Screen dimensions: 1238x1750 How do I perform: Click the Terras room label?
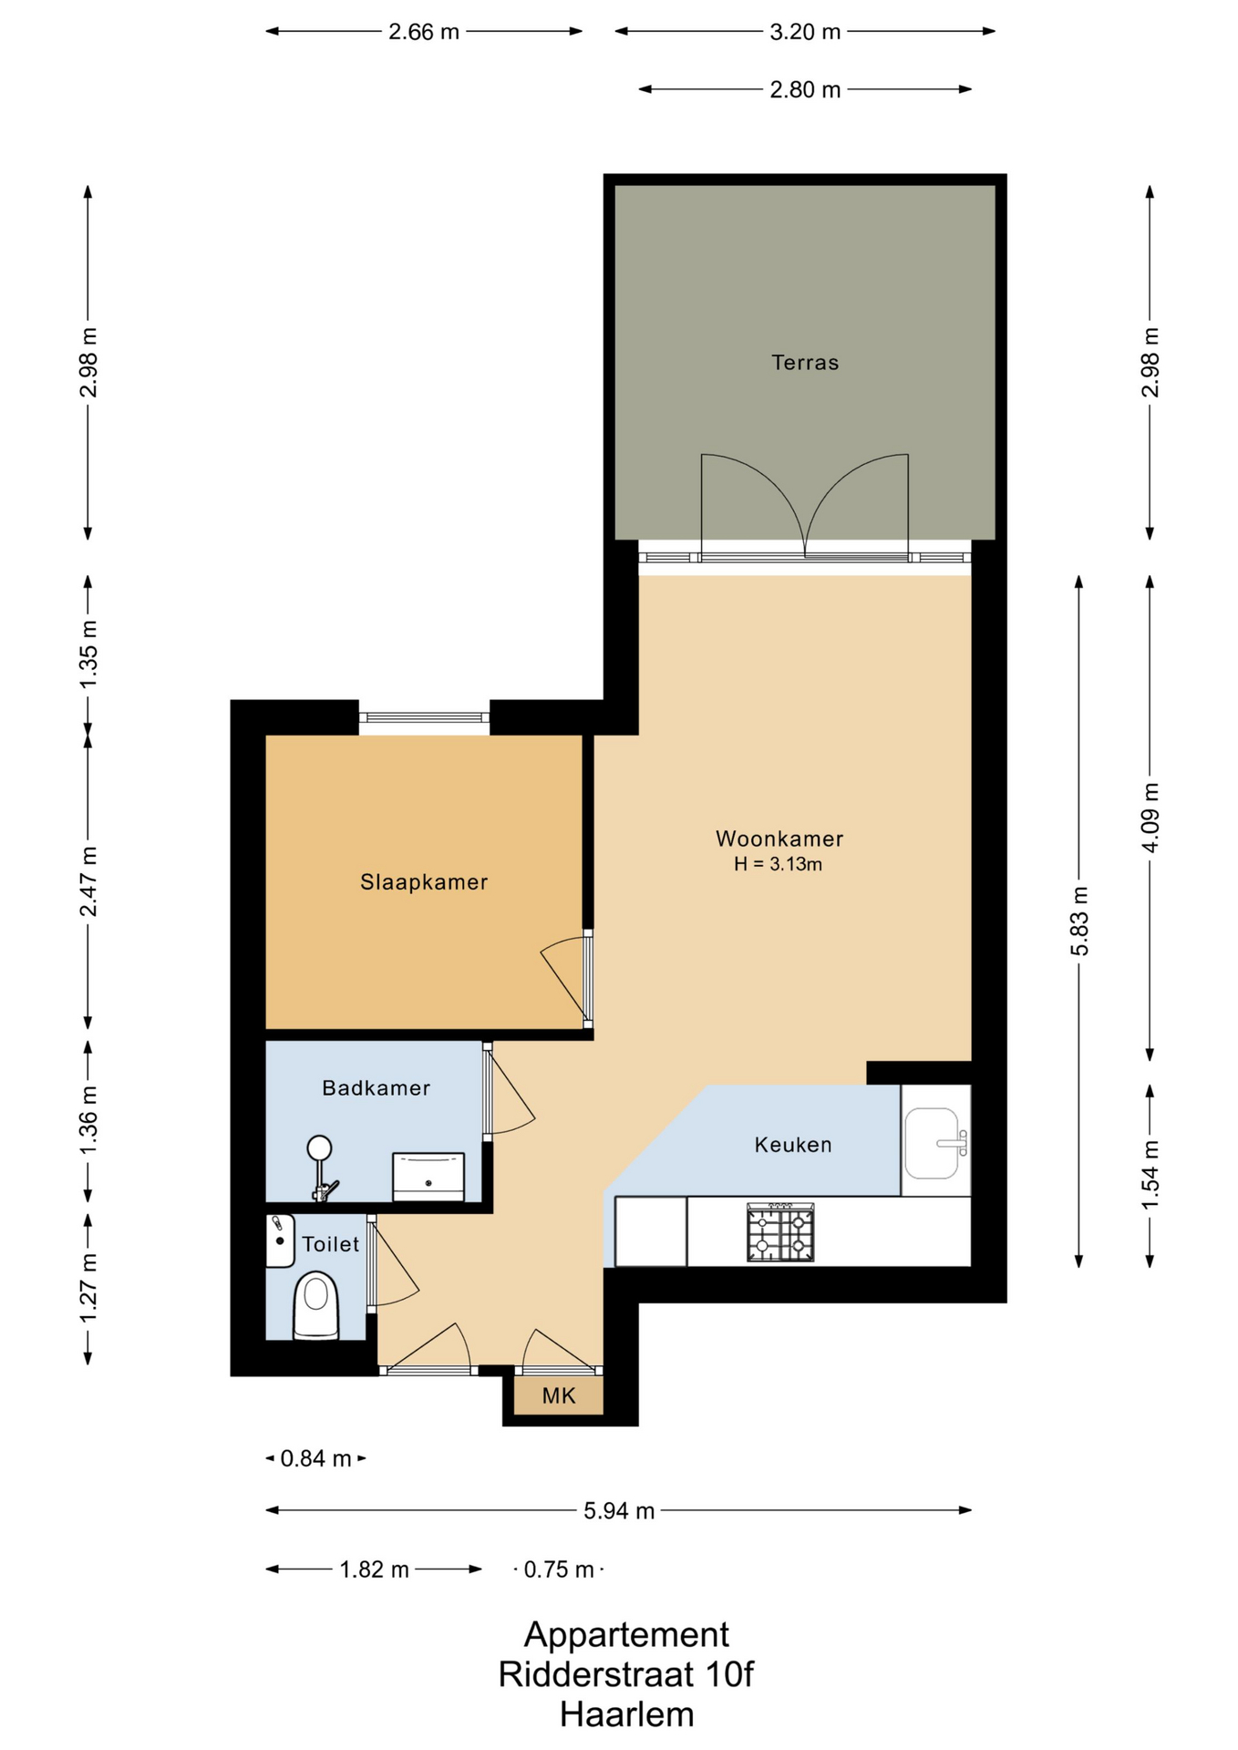pos(805,363)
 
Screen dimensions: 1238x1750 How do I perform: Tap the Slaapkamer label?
pos(424,882)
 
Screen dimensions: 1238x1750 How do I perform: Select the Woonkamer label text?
pos(779,839)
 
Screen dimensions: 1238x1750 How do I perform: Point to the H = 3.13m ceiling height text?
pos(779,864)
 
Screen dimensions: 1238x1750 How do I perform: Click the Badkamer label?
pos(376,1087)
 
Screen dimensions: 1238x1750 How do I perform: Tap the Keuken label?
pos(793,1145)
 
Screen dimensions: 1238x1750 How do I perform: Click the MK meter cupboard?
pos(559,1395)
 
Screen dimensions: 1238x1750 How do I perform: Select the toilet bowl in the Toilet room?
pos(315,1305)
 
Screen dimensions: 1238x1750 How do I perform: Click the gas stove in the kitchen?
pos(780,1232)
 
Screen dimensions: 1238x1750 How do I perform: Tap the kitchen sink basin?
pos(932,1143)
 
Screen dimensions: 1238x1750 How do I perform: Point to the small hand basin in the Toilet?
pos(280,1240)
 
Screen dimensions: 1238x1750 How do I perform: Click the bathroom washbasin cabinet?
pos(428,1177)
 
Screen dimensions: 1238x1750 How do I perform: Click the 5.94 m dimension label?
pos(619,1510)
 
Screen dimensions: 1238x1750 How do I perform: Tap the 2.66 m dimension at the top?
pos(424,32)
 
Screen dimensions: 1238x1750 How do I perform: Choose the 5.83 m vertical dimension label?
pos(1079,921)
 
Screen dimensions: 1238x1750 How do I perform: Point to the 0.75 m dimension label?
pos(559,1570)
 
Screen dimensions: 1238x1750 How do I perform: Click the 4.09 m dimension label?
pos(1150,818)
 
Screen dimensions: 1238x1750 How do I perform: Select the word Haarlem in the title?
pos(627,1714)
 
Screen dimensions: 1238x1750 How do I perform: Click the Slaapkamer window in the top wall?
pos(424,718)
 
